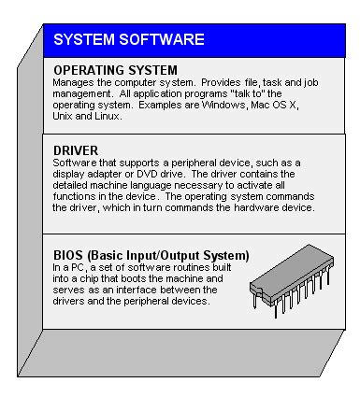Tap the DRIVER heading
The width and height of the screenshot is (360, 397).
[77, 149]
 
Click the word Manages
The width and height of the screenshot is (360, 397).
[74, 82]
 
